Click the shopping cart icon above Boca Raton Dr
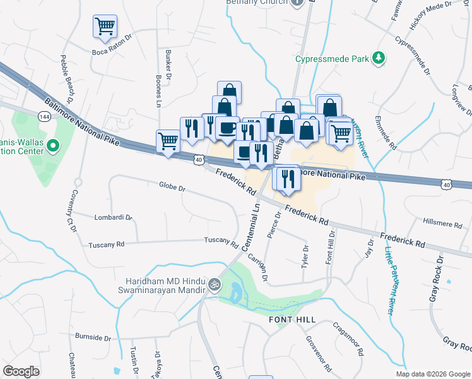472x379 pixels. tap(105, 27)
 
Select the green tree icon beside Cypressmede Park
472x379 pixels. tap(378, 59)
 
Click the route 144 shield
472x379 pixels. tap(44, 117)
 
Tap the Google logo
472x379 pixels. tap(21, 371)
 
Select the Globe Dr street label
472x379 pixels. tap(172, 188)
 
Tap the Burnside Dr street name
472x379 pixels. tap(93, 337)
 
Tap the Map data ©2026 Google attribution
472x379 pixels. tap(432, 374)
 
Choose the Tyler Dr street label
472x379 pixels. tap(306, 255)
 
